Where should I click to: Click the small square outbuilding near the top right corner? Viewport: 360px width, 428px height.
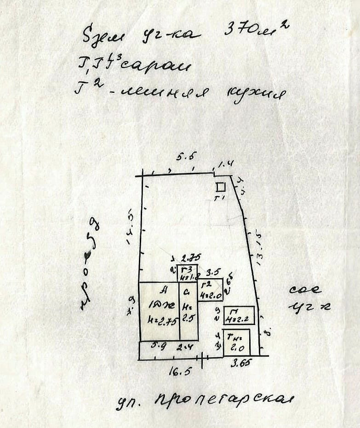221,187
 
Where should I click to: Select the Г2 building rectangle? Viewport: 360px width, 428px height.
210,290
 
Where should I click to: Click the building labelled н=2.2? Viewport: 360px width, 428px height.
239,315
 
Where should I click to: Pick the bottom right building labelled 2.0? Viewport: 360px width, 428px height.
236,342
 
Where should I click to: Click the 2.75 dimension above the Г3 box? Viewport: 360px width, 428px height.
187,258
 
